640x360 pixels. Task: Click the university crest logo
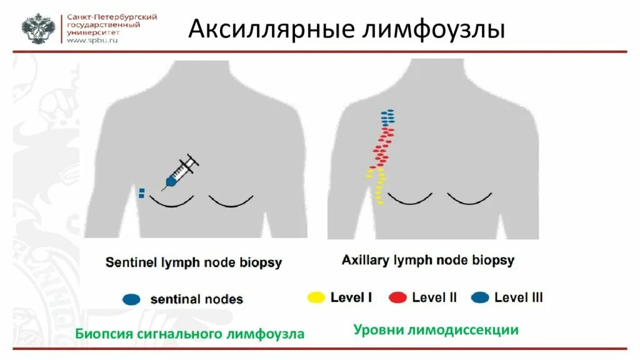[x=38, y=29]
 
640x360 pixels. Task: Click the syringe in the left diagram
[x=180, y=171]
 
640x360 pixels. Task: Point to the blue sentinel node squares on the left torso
[x=142, y=193]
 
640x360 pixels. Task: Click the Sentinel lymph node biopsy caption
[x=194, y=262]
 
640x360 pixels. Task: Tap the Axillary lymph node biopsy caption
[x=428, y=260]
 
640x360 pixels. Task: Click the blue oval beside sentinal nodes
[x=131, y=299]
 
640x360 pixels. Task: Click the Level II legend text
[x=434, y=297]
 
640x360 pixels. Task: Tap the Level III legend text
[x=519, y=297]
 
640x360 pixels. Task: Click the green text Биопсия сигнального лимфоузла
[x=190, y=334]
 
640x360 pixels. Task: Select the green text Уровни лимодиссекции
[x=436, y=329]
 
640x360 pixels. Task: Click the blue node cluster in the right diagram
[x=387, y=117]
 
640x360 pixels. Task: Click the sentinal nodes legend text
[x=196, y=299]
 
